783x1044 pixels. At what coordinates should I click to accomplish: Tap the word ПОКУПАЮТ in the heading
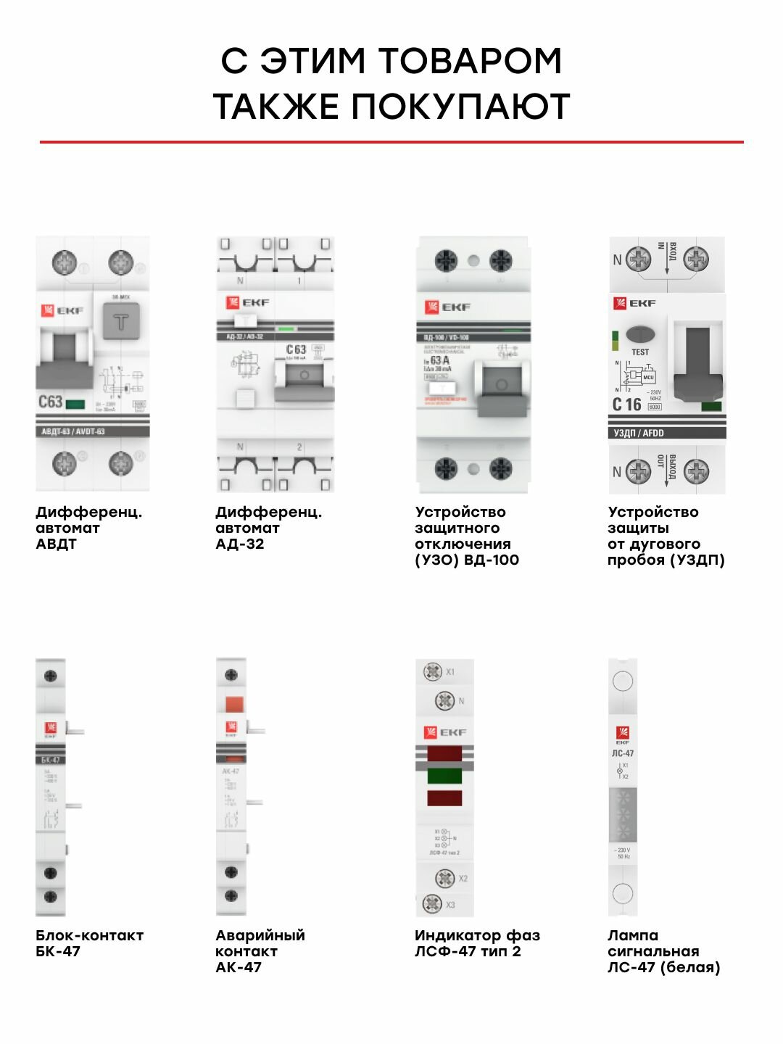pyautogui.click(x=460, y=107)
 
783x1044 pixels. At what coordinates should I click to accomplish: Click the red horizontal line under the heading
pyautogui.click(x=391, y=142)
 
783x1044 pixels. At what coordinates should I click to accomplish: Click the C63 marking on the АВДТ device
pyautogui.click(x=51, y=402)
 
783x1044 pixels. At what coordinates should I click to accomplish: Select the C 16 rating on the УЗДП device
pyautogui.click(x=626, y=405)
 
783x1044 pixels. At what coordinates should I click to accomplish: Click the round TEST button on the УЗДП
pyautogui.click(x=639, y=335)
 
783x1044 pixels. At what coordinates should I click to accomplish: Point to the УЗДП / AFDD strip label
pyautogui.click(x=639, y=433)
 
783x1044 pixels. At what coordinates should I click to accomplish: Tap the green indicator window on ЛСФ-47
pyautogui.click(x=444, y=776)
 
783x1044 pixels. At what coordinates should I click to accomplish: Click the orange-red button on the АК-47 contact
pyautogui.click(x=233, y=703)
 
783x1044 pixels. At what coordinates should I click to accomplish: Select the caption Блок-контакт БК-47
pyautogui.click(x=89, y=943)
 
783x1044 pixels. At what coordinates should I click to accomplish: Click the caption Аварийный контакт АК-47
pyautogui.click(x=260, y=951)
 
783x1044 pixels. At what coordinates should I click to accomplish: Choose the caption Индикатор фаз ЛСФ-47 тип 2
pyautogui.click(x=477, y=943)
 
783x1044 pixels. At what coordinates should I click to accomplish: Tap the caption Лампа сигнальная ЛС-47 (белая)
pyautogui.click(x=663, y=951)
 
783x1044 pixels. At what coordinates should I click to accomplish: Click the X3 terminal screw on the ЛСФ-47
pyautogui.click(x=432, y=904)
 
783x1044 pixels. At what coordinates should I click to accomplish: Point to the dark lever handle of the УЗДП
pyautogui.click(x=697, y=362)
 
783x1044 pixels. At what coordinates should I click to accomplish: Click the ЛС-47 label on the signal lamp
pyautogui.click(x=623, y=753)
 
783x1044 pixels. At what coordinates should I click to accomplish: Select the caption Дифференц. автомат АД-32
pyautogui.click(x=268, y=528)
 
